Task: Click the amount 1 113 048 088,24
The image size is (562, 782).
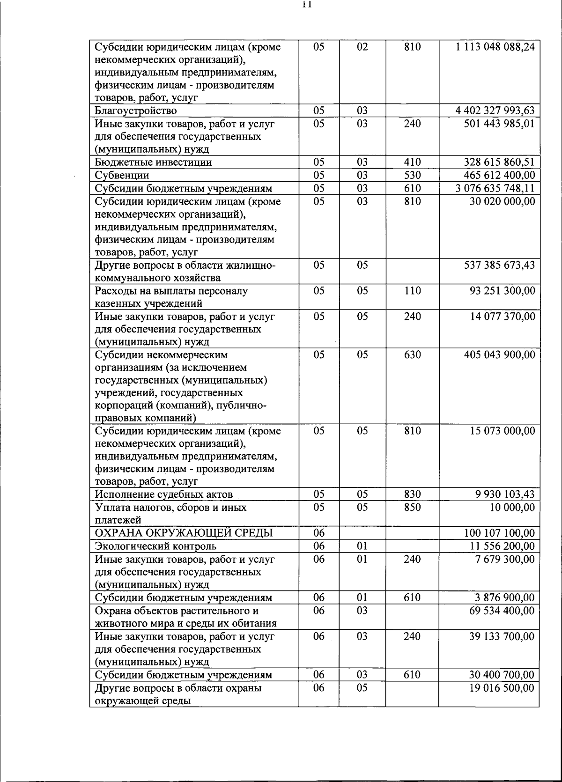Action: click(x=495, y=47)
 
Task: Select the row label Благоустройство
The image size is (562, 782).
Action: click(x=136, y=111)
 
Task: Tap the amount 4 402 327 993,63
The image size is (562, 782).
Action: click(x=495, y=111)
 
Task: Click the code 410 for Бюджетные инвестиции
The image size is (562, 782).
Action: click(x=412, y=162)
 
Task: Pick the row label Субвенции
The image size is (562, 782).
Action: click(x=122, y=176)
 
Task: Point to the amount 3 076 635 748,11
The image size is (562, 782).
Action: click(x=495, y=188)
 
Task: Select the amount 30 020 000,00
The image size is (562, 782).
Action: click(x=502, y=201)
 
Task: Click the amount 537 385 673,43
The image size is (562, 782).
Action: click(x=499, y=266)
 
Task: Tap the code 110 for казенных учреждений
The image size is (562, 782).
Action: click(x=412, y=291)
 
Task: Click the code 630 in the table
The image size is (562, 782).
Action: click(x=412, y=355)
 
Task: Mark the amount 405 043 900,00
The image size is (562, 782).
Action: click(x=499, y=355)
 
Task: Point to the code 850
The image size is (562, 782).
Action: click(x=412, y=508)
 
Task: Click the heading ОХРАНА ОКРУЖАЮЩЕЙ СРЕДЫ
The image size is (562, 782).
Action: click(x=184, y=533)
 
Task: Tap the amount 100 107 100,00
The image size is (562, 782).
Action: click(x=499, y=533)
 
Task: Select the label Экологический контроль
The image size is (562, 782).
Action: click(x=155, y=546)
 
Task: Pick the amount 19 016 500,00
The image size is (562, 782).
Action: click(x=502, y=688)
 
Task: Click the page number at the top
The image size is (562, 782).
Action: click(x=307, y=5)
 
